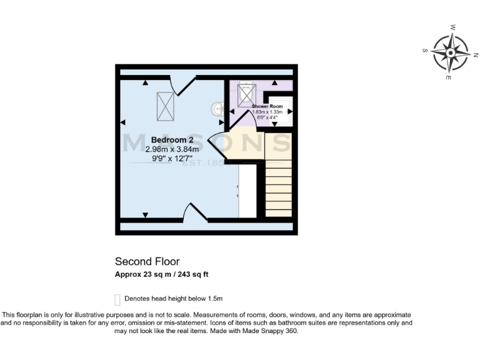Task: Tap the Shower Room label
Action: click(267, 107)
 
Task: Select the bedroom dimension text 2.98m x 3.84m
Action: click(172, 149)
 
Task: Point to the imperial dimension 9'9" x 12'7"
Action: click(172, 159)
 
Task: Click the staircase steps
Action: click(278, 188)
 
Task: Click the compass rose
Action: click(451, 52)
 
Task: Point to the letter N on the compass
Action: click(476, 55)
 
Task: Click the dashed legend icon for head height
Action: click(117, 299)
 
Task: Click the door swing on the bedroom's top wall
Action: click(181, 85)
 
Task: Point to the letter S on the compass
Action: click(425, 51)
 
